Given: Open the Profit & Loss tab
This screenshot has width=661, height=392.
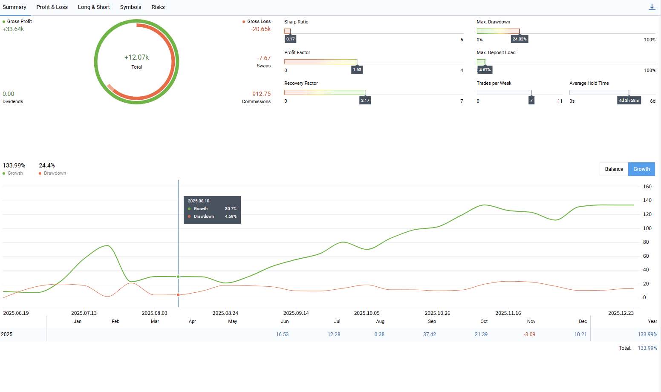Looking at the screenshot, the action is pyautogui.click(x=52, y=7).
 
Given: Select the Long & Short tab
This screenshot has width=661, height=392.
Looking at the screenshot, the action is pyautogui.click(x=94, y=7).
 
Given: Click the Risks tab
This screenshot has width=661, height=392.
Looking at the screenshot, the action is pyautogui.click(x=158, y=7).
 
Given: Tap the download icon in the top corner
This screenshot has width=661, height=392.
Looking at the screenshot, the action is pyautogui.click(x=652, y=7).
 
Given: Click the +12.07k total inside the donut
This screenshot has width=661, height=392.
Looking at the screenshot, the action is pyautogui.click(x=136, y=57).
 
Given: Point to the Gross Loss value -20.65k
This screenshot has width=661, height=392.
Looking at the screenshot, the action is pyautogui.click(x=260, y=29).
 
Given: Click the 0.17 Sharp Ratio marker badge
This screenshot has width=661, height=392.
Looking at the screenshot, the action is pyautogui.click(x=290, y=39).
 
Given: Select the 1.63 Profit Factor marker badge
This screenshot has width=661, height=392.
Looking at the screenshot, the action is pyautogui.click(x=357, y=70).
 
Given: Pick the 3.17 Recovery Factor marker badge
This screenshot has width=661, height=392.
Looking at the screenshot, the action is pyautogui.click(x=365, y=100).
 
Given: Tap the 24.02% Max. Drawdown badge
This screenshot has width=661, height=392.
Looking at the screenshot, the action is pyautogui.click(x=520, y=39).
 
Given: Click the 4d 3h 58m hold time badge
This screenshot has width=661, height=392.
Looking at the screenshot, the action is pyautogui.click(x=629, y=100).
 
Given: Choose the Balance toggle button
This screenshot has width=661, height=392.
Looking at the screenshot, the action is pyautogui.click(x=614, y=169).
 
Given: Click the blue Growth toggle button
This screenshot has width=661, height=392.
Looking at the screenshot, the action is pyautogui.click(x=641, y=169).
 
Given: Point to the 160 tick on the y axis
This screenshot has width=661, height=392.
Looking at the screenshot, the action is pyautogui.click(x=647, y=187).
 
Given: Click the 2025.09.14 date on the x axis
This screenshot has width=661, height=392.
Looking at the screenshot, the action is pyautogui.click(x=296, y=313).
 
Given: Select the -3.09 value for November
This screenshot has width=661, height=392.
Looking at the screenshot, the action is pyautogui.click(x=529, y=334).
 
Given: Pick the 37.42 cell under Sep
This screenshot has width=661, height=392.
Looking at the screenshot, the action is pyautogui.click(x=429, y=334).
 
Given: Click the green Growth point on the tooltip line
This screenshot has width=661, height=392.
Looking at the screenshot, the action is pyautogui.click(x=178, y=277).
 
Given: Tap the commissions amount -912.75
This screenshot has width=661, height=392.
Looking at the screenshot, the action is pyautogui.click(x=260, y=94).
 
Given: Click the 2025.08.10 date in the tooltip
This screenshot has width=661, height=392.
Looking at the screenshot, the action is pyautogui.click(x=199, y=201).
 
